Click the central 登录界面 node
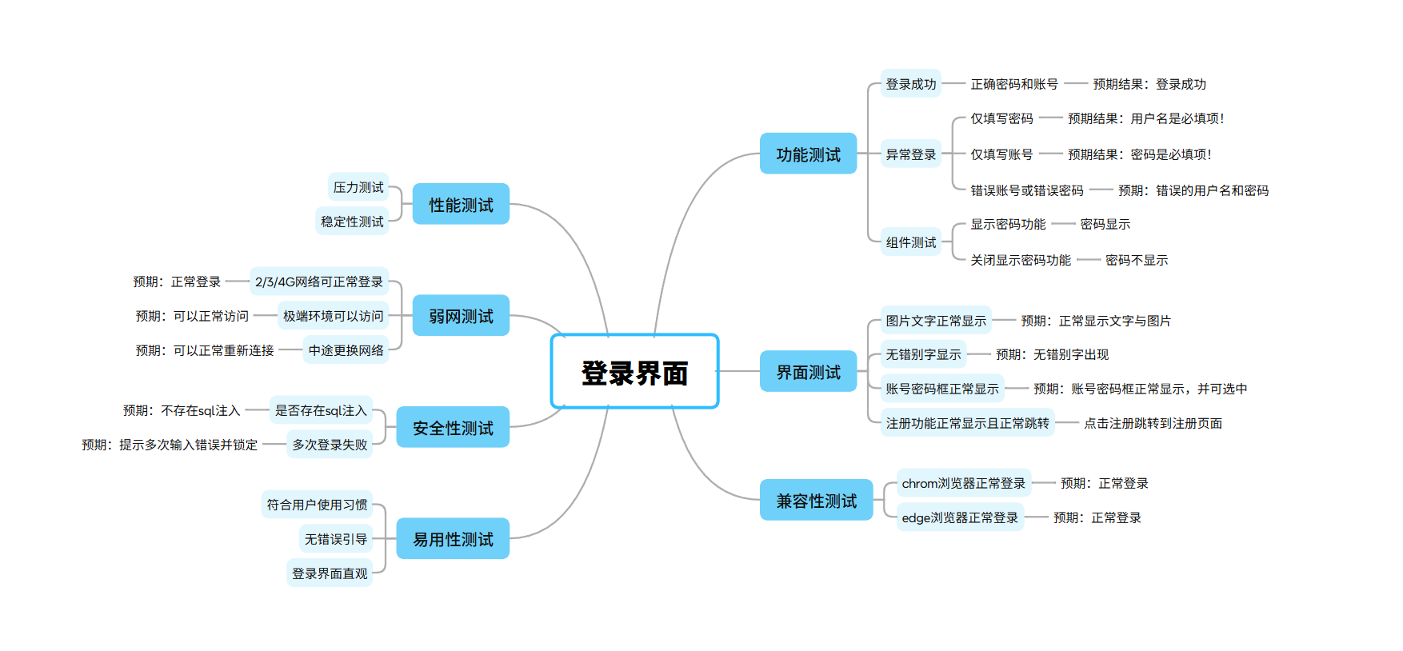click(634, 372)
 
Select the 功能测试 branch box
click(808, 154)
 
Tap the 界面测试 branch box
click(808, 372)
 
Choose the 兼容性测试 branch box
click(816, 501)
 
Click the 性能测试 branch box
click(461, 205)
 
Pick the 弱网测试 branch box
click(461, 316)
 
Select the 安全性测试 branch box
click(453, 428)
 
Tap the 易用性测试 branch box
click(453, 539)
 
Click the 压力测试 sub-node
click(358, 187)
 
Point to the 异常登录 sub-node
click(910, 154)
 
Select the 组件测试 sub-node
click(910, 242)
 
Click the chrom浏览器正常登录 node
click(963, 483)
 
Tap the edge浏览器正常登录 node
click(960, 517)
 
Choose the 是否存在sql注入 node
click(321, 410)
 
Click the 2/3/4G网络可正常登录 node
click(319, 282)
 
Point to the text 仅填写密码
click(1001, 118)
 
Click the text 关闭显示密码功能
click(1020, 260)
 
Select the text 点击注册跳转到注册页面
click(1153, 423)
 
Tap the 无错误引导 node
click(336, 539)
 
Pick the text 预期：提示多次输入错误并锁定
click(170, 445)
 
